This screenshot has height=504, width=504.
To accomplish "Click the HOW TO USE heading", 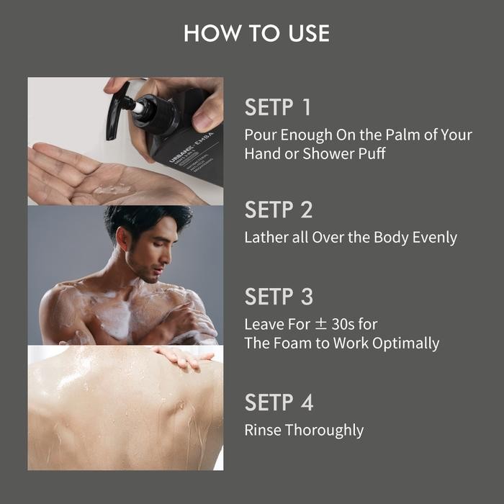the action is (257, 33).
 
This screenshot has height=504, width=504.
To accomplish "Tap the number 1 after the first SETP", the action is (306, 107).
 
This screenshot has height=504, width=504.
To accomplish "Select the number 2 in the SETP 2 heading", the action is (307, 210).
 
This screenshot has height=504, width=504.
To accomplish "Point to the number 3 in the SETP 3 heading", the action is (307, 297).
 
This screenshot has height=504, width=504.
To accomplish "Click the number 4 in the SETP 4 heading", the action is (307, 402).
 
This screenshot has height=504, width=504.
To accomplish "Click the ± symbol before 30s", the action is (321, 324).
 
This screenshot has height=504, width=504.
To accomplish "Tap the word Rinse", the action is (263, 430).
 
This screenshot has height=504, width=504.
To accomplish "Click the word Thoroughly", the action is (324, 431).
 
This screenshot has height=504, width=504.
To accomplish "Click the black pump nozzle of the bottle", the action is (118, 111).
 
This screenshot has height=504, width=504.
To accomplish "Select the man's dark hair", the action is (145, 220).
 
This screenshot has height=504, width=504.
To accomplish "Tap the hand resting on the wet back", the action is (183, 357).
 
